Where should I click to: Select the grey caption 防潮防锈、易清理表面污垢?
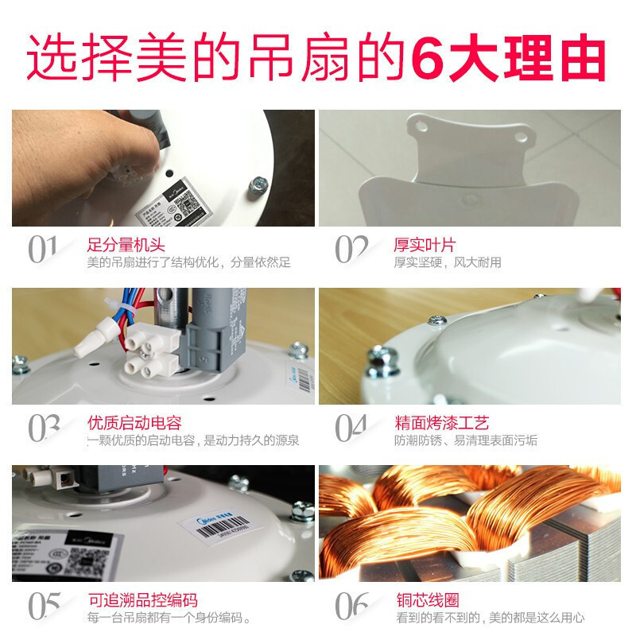point(466,440)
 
